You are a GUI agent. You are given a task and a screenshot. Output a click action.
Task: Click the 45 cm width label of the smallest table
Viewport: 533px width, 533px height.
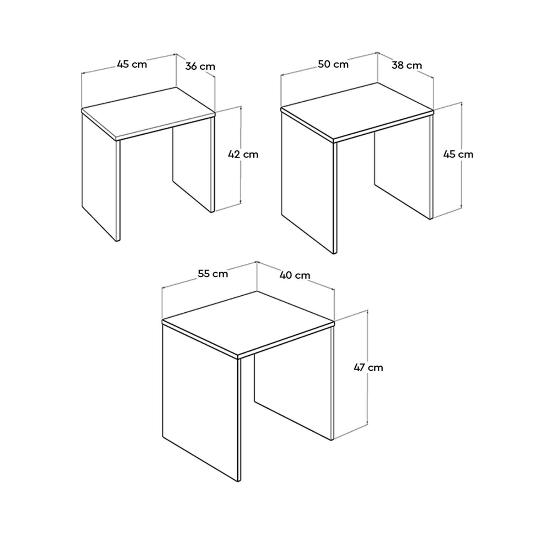click(x=132, y=64)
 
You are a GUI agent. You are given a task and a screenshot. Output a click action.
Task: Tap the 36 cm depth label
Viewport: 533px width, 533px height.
click(x=200, y=66)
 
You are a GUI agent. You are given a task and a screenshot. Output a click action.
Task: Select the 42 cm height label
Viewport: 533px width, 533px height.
click(x=243, y=154)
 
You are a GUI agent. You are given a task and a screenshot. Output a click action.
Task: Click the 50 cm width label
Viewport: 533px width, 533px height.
click(x=333, y=64)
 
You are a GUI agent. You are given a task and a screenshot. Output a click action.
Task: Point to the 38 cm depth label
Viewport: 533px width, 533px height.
click(x=407, y=65)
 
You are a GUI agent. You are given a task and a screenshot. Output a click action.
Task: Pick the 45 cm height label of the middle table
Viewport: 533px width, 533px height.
click(x=458, y=154)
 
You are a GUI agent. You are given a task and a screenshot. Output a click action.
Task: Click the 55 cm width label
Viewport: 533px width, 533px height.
click(x=212, y=274)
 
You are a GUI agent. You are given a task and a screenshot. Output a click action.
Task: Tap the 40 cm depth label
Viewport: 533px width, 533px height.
click(x=295, y=275)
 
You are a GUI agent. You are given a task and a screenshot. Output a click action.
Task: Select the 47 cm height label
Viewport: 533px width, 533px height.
click(x=368, y=367)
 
